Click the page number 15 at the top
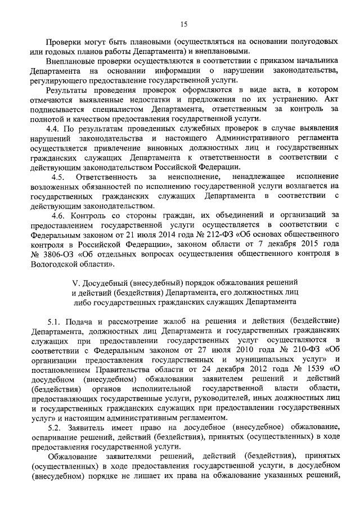click(183, 24)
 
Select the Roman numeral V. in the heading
click(78, 282)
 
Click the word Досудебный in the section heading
click(108, 282)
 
